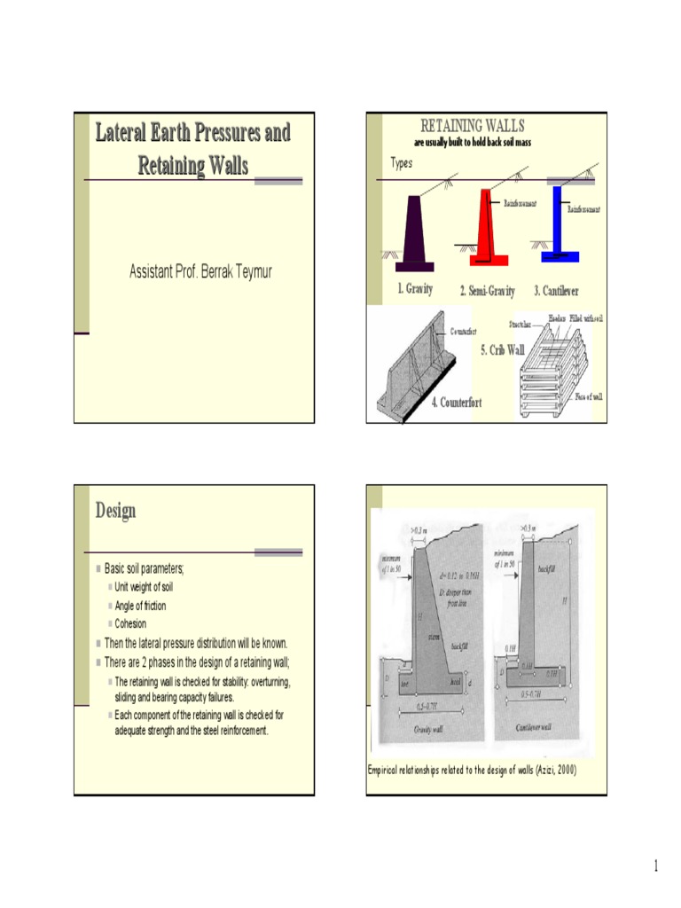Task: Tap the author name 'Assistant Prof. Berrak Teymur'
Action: (x=201, y=271)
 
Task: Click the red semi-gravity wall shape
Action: (x=488, y=231)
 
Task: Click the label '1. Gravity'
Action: (x=415, y=290)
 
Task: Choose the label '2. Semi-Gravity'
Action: (x=487, y=292)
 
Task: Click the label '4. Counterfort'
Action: (x=457, y=403)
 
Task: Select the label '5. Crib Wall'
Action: (x=503, y=350)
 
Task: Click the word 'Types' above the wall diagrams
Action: (x=402, y=164)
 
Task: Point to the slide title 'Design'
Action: (x=116, y=511)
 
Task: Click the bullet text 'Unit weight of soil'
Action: (x=144, y=587)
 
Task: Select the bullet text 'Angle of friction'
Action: (x=140, y=606)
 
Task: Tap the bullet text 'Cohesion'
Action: (x=130, y=623)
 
